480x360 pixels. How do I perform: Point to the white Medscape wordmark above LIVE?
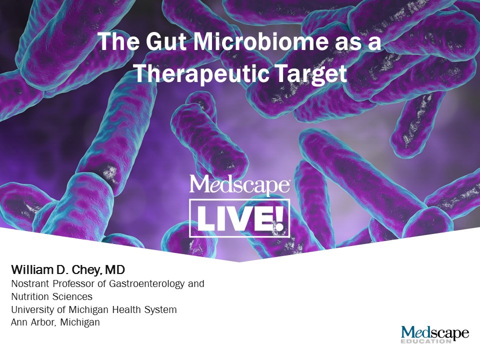[239, 185]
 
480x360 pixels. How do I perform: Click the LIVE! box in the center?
[239, 218]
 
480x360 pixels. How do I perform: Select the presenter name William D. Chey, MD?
[68, 271]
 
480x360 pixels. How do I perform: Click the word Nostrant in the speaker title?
[29, 284]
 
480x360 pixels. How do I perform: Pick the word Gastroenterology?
[152, 284]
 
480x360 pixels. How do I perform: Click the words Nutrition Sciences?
[51, 296]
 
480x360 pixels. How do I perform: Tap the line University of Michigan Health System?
[94, 309]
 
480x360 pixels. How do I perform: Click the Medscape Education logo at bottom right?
[434, 334]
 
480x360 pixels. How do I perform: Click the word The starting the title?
[115, 42]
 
